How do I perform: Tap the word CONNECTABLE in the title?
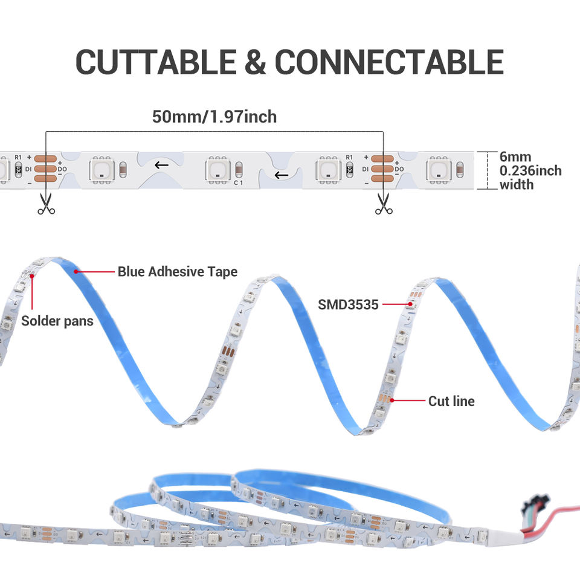pyautogui.click(x=389, y=62)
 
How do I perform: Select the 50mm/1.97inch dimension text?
pyautogui.click(x=214, y=116)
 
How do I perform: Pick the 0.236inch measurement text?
pyautogui.click(x=530, y=171)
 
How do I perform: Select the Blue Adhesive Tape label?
pyautogui.click(x=177, y=272)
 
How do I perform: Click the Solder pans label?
pyautogui.click(x=57, y=320)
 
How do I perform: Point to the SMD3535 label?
pyautogui.click(x=348, y=304)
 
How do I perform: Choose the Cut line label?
pyautogui.click(x=451, y=401)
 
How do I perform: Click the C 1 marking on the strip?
pyautogui.click(x=237, y=182)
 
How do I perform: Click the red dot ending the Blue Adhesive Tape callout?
pyautogui.click(x=76, y=272)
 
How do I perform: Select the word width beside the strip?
pyautogui.click(x=517, y=185)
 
